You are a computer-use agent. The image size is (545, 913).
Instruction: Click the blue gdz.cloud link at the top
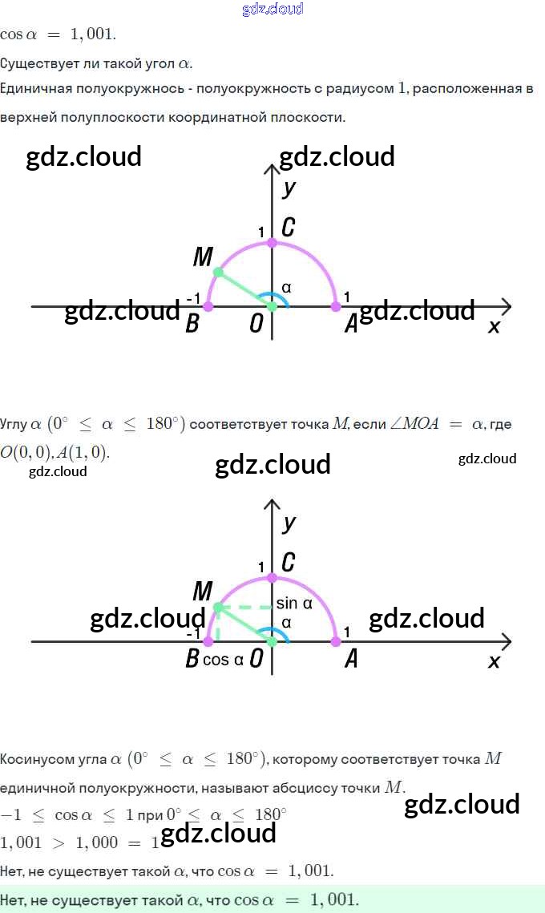(272, 10)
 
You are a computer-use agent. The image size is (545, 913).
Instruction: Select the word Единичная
(34, 89)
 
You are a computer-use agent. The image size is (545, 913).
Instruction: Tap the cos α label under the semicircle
(224, 660)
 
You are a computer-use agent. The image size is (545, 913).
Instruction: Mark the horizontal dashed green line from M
(244, 608)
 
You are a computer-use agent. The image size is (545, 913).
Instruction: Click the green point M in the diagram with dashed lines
(218, 608)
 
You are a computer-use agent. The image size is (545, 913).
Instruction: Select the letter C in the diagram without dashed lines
(288, 228)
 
